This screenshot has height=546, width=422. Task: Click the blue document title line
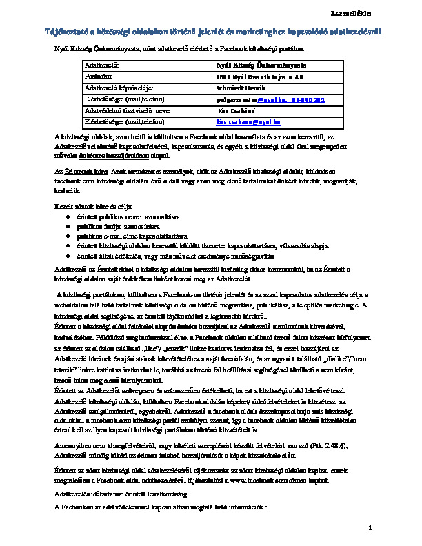[x=210, y=32]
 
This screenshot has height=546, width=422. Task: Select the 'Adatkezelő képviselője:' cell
[x=118, y=88]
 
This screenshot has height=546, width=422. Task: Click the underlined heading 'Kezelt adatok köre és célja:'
[x=94, y=207]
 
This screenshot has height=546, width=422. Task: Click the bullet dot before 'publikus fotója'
[x=68, y=226]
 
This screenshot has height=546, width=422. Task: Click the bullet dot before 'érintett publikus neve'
[x=68, y=216]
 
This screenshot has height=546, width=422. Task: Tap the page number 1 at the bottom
[x=370, y=527]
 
